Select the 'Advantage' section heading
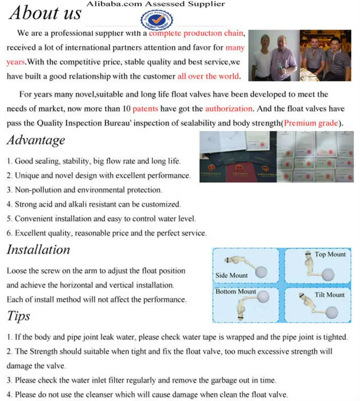36,140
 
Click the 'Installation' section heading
39,250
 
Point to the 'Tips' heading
19,316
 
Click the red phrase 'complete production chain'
197,34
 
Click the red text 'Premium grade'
312,123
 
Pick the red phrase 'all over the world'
209,76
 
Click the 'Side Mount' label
231,275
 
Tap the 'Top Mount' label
330,254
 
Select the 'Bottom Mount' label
236,291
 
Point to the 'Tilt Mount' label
329,295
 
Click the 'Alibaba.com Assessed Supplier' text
156,4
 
